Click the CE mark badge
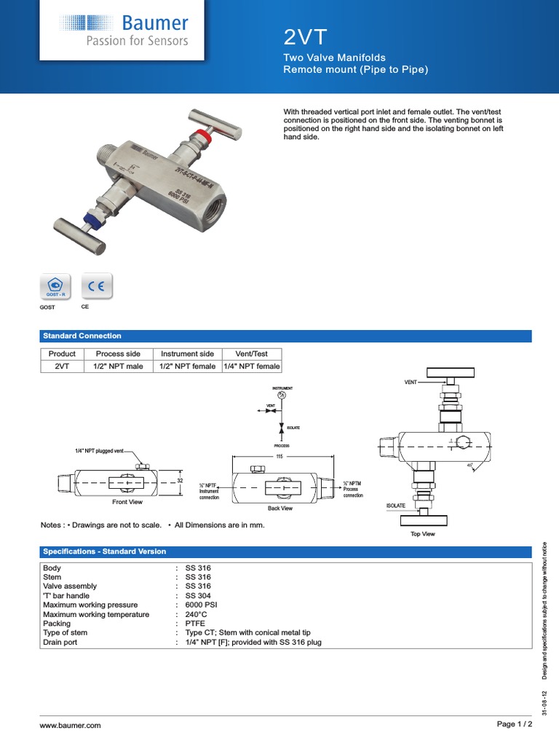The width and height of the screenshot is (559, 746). (96, 286)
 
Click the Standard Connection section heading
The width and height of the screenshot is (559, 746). (82, 336)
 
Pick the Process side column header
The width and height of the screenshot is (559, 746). (118, 353)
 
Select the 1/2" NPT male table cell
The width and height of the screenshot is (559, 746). (118, 366)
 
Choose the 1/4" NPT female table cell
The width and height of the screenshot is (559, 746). (250, 366)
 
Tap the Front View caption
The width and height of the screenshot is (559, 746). (127, 502)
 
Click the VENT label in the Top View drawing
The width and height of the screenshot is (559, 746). (411, 382)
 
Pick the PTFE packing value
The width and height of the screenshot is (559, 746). (195, 624)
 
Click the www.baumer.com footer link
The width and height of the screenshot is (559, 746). (70, 726)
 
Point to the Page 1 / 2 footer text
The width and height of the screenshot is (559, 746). (514, 724)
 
